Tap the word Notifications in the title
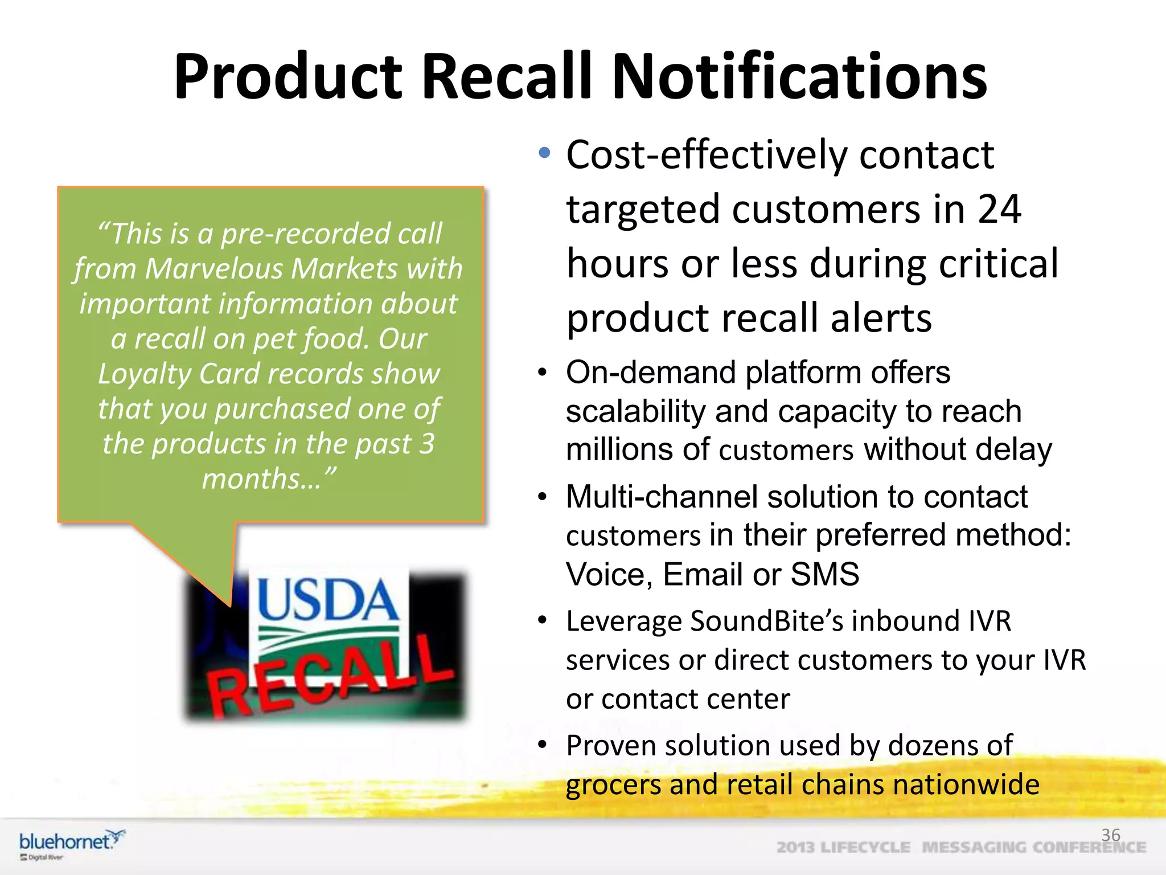799,77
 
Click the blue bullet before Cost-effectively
545,153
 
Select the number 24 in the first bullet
999,209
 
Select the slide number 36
1110,835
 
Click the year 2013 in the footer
795,848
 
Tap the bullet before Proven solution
543,745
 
